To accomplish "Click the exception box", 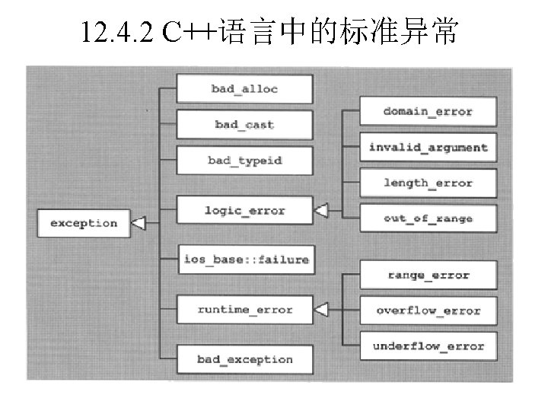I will click(x=84, y=223).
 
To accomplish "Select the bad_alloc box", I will click(x=244, y=89).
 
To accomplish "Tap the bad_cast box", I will click(x=244, y=125).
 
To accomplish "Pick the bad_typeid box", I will click(x=244, y=161).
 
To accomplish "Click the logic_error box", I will click(x=244, y=210).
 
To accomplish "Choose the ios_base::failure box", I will click(x=247, y=260).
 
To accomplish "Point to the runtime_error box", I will click(x=244, y=310).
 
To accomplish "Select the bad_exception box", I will click(x=244, y=359).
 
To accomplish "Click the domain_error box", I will click(x=428, y=112).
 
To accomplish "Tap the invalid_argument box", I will click(x=428, y=148).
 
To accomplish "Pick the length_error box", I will click(x=428, y=183).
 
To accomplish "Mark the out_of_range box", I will click(x=428, y=219).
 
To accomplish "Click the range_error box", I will click(x=428, y=276).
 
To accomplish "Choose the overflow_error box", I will click(x=428, y=311).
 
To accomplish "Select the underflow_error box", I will click(x=428, y=346).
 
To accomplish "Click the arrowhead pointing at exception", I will click(x=138, y=223).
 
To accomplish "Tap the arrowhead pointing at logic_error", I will click(x=320, y=209).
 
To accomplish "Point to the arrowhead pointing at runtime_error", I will click(x=320, y=310).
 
